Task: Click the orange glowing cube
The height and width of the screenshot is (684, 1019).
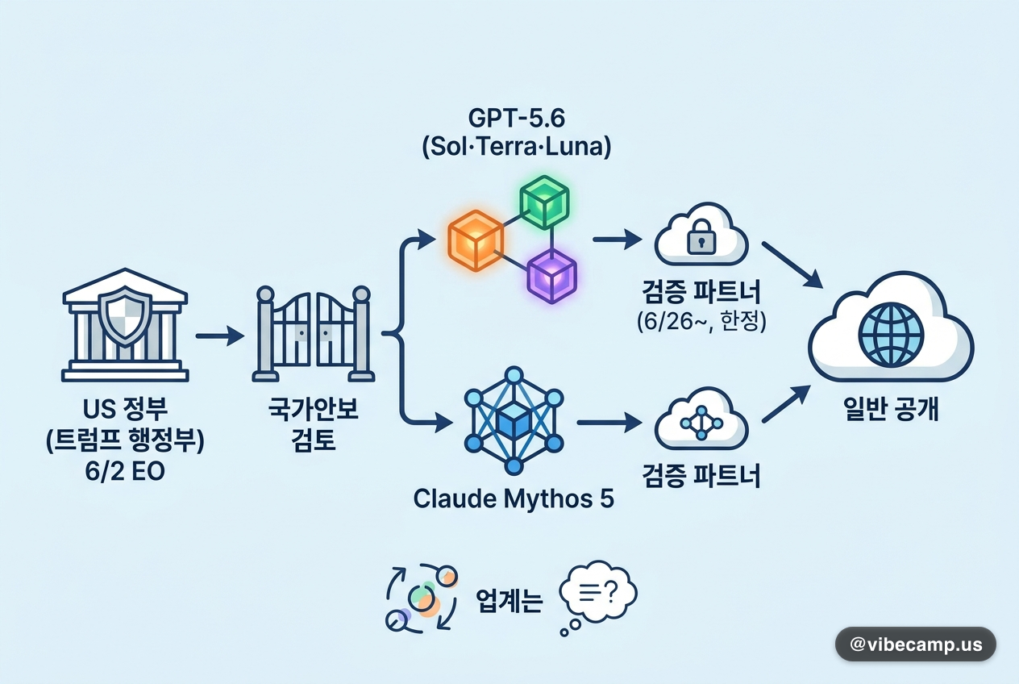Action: pyautogui.click(x=476, y=240)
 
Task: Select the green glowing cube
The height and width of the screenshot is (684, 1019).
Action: pyautogui.click(x=544, y=202)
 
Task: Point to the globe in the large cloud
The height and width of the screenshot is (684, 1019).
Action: pyautogui.click(x=891, y=335)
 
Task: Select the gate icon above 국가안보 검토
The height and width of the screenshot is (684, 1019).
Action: pyautogui.click(x=314, y=334)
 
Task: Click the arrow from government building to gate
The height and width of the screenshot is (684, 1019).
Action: pyautogui.click(x=220, y=336)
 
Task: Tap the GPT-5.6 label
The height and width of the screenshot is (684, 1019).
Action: pyautogui.click(x=516, y=119)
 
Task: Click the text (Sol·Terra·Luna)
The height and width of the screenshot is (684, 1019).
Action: pyautogui.click(x=516, y=147)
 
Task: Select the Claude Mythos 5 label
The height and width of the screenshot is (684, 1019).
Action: pyautogui.click(x=514, y=498)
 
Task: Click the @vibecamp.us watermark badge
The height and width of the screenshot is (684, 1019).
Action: pyautogui.click(x=916, y=644)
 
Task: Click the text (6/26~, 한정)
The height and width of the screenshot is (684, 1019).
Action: pyautogui.click(x=701, y=322)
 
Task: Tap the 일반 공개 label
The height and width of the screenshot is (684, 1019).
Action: pyautogui.click(x=891, y=409)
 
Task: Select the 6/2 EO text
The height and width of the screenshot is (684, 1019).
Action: pyautogui.click(x=125, y=472)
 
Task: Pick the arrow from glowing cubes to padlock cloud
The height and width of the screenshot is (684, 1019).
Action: pyautogui.click(x=617, y=239)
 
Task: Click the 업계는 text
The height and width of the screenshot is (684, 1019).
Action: pyautogui.click(x=509, y=601)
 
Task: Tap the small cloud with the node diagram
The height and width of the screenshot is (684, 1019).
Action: pyautogui.click(x=701, y=419)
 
